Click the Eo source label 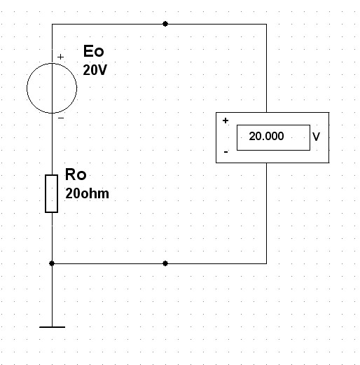coord(93,51)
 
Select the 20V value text coord(95,70)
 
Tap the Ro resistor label coord(76,174)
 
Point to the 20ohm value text coord(87,193)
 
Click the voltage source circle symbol coord(27,88)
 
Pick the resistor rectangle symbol coord(46,193)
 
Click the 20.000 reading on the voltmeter coord(266,136)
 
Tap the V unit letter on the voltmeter coord(316,137)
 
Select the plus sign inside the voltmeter coord(226,120)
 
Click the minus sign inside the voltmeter coord(226,152)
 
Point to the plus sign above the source coord(60,57)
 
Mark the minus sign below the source coord(61,118)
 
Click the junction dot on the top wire coord(165,24)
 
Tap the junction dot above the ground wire coord(52,263)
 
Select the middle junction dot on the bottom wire coord(165,263)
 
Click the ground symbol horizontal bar coord(52,327)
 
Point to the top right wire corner coord(266,24)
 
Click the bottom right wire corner coord(266,263)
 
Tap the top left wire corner coord(52,24)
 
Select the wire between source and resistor coord(52,144)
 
